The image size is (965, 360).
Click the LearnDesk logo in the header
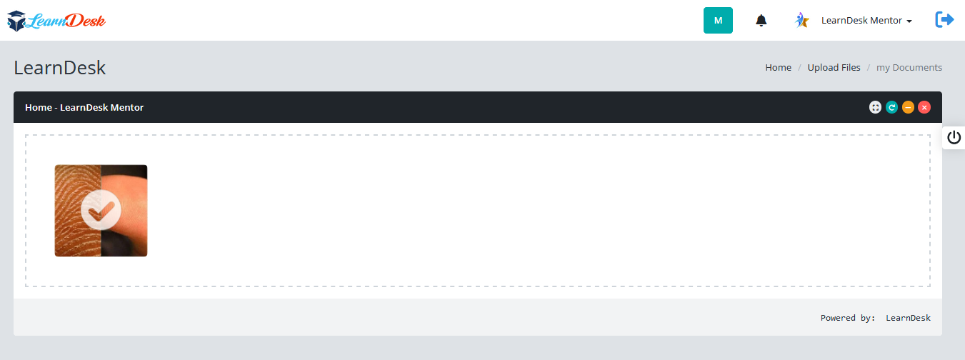[x=56, y=21]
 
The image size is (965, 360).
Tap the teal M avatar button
[x=718, y=20]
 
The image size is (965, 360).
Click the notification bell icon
[x=761, y=21]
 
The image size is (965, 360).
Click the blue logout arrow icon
[x=944, y=20]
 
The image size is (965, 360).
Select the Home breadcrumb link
[x=778, y=68]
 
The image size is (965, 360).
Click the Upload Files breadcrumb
[x=834, y=68]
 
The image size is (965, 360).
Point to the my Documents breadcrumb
[x=909, y=68]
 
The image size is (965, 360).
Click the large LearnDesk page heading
[x=59, y=68]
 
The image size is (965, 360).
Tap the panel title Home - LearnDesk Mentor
[x=84, y=107]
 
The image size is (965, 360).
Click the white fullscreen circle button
[x=875, y=107]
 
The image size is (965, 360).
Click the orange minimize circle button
[x=908, y=107]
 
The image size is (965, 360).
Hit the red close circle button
[x=924, y=107]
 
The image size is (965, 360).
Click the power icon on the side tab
[x=954, y=137]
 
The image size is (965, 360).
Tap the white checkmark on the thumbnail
[x=101, y=210]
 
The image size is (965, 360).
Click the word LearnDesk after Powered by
[x=908, y=318]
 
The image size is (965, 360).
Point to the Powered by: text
[x=848, y=318]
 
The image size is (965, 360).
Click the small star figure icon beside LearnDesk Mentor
[x=801, y=20]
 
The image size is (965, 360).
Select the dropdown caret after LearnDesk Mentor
[x=909, y=21]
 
